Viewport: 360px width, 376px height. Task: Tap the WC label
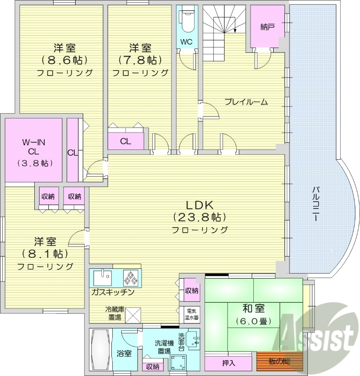[187, 41]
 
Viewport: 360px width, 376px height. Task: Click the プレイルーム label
[245, 102]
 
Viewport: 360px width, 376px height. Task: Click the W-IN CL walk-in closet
[33, 151]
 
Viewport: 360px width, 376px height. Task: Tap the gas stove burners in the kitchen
[131, 278]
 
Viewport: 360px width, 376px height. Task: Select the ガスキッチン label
[113, 292]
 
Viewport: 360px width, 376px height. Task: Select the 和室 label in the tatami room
[253, 309]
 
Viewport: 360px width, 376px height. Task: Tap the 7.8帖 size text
[140, 60]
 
